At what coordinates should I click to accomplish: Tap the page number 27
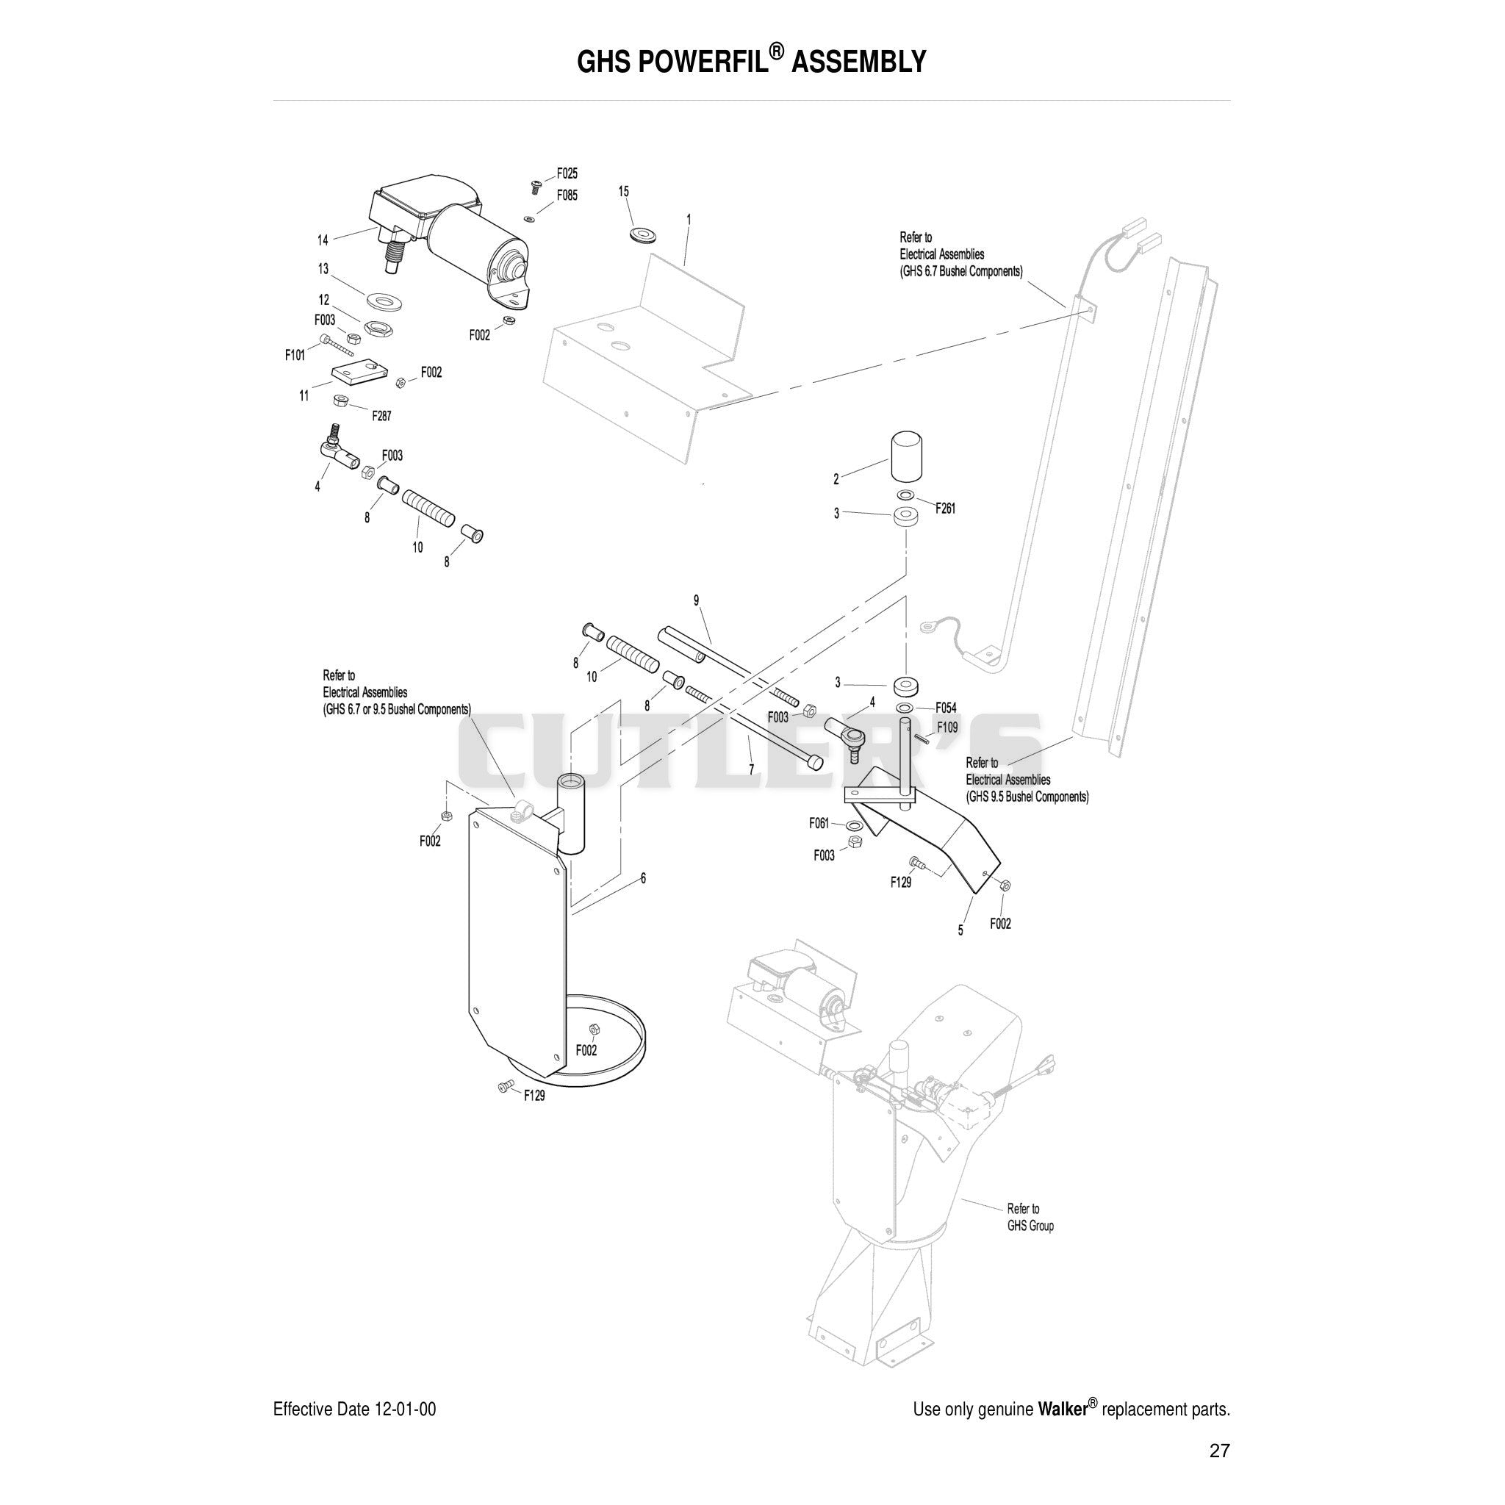point(1219,1451)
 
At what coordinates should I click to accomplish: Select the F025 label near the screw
point(567,173)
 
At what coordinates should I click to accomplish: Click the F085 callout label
point(567,195)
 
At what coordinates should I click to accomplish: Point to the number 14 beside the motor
point(323,240)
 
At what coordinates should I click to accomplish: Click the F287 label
point(381,416)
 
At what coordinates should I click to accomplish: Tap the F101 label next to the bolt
point(295,355)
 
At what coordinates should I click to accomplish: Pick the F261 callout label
point(945,509)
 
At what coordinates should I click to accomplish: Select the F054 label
point(946,708)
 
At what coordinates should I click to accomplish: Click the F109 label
point(947,728)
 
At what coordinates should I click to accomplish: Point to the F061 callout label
point(819,822)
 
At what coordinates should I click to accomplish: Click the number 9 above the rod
point(697,600)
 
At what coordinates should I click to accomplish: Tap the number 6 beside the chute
point(644,878)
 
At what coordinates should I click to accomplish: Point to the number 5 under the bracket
point(960,930)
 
